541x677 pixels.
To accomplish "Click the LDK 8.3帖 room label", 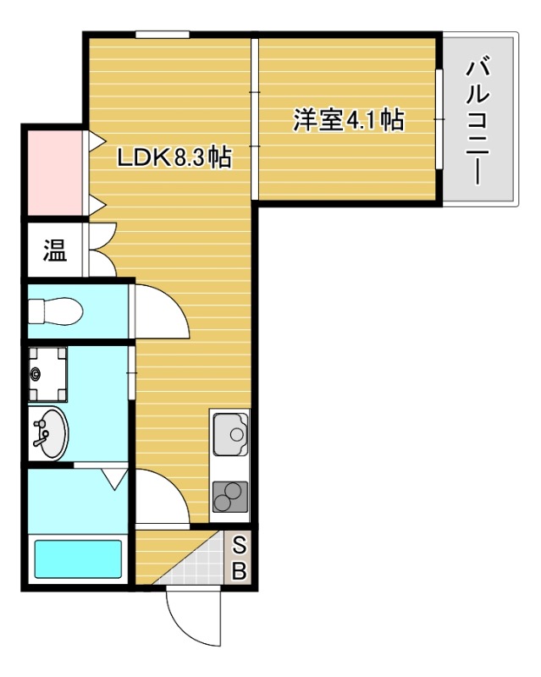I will coord(174,157).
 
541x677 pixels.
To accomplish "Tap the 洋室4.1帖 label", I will coord(348,120).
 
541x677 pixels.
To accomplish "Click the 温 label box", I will coord(55,250).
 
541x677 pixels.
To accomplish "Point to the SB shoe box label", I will coord(240,559).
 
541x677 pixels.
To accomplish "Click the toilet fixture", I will coord(56,312).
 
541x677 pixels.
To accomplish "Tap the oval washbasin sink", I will coord(50,432).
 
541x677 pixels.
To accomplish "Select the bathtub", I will coord(77,559).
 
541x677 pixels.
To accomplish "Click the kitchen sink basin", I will coord(229,436).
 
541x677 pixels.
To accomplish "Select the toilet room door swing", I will coord(161,311).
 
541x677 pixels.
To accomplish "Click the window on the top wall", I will coord(162,34).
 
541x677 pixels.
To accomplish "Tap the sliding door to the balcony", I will coord(439,119).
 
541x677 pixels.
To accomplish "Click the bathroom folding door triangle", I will coord(113,480).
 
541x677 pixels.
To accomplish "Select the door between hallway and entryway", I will coord(162,497).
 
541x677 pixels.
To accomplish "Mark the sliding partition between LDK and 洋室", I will coord(253,118).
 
